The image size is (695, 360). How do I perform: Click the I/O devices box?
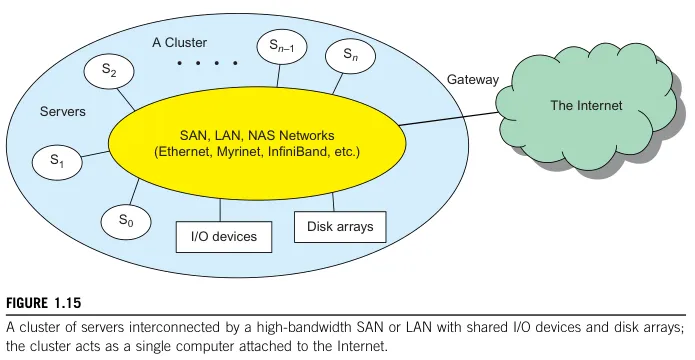point(217,237)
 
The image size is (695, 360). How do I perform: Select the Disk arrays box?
point(340,227)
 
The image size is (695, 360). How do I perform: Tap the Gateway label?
point(472,79)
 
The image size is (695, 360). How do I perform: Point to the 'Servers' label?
point(62,112)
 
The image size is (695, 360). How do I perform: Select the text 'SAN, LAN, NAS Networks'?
point(257,134)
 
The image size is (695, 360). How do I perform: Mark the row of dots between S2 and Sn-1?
point(207,63)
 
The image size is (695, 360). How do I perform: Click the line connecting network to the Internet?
point(450,110)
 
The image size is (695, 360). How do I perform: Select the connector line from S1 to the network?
point(94,154)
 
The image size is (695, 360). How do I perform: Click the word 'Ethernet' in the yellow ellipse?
point(183,152)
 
